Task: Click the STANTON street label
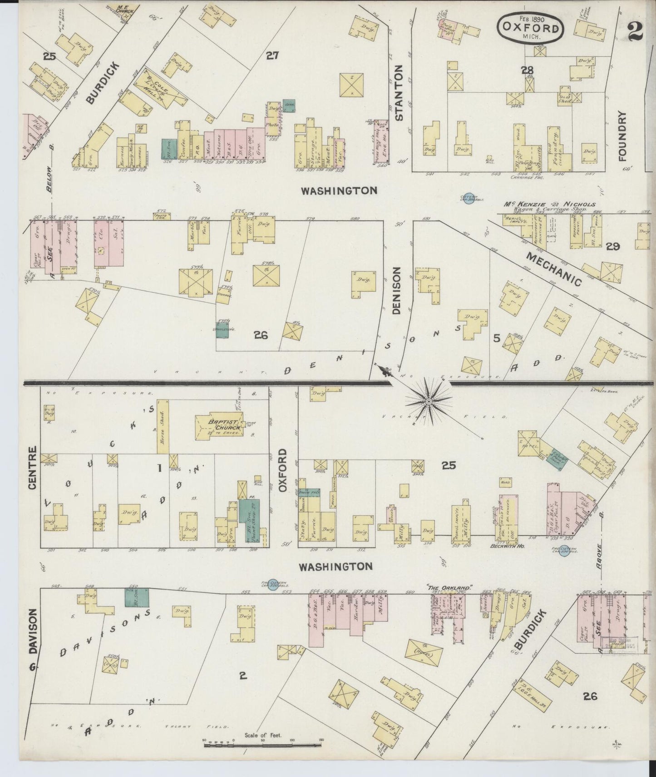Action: [x=399, y=93]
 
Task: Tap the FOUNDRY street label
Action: [x=621, y=136]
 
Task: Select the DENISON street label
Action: [x=397, y=291]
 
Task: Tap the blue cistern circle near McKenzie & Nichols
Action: [x=470, y=199]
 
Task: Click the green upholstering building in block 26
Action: [x=222, y=331]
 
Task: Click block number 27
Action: [x=272, y=55]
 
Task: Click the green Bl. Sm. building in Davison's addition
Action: [x=137, y=597]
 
